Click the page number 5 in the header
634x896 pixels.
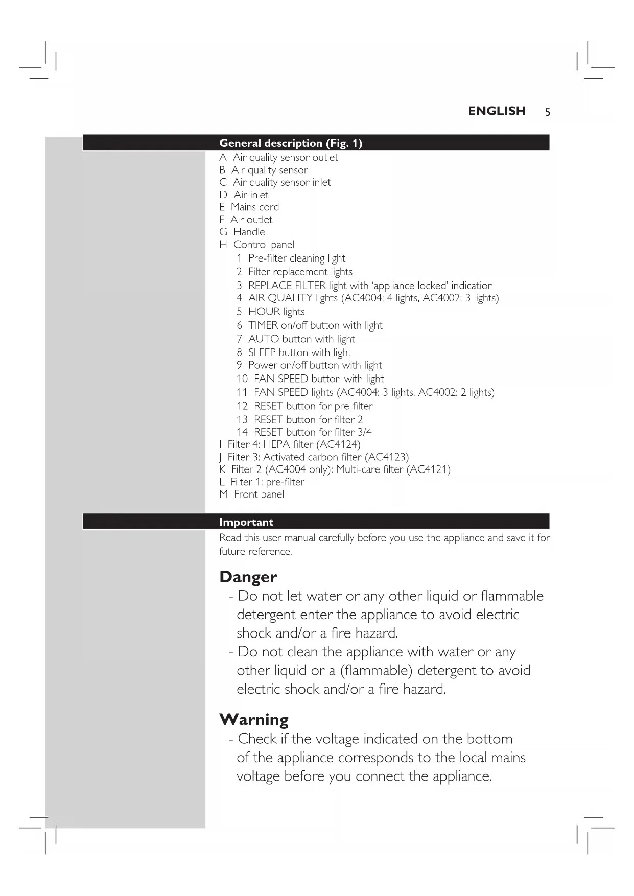click(547, 112)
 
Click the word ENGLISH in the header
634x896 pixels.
click(497, 111)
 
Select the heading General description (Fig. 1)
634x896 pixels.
click(290, 143)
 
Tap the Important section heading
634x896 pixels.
click(246, 522)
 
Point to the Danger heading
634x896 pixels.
click(248, 577)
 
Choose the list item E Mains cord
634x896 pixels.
click(249, 207)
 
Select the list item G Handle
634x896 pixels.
click(242, 232)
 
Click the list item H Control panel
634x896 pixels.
click(256, 245)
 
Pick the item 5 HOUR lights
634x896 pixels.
click(270, 312)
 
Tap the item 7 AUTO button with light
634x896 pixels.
click(295, 339)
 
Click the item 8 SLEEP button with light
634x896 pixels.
click(293, 352)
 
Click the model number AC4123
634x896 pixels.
click(387, 457)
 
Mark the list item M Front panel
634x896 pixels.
click(251, 494)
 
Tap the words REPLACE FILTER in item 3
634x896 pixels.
click(287, 286)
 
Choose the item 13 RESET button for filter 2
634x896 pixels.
click(299, 419)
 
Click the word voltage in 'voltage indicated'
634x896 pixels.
click(337, 739)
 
